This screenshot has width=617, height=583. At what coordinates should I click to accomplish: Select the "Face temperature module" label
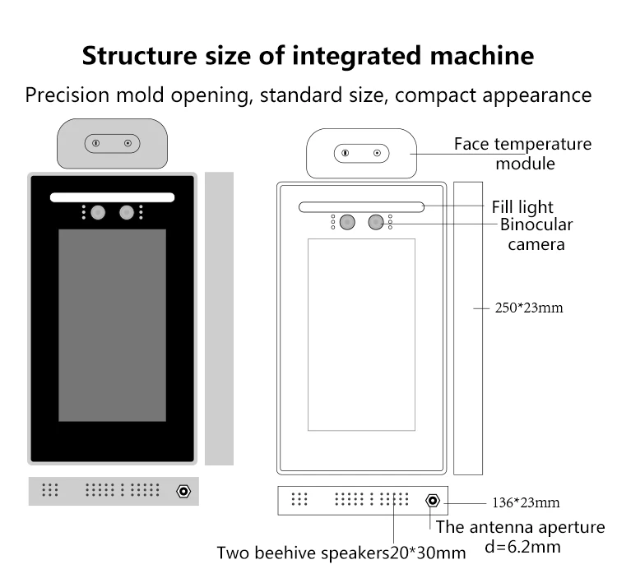point(522,154)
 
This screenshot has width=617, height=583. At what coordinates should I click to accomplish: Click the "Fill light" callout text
point(522,207)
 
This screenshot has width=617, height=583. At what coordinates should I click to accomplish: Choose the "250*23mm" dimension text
point(529,309)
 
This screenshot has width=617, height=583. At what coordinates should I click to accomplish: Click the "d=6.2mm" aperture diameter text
point(523,546)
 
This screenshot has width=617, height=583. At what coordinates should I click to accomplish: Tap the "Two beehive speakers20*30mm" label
point(341,553)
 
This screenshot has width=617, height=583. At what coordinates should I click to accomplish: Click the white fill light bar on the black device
point(113,197)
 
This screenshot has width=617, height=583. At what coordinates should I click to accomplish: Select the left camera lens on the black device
point(98,213)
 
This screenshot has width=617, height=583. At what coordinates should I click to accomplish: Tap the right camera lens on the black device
point(126,213)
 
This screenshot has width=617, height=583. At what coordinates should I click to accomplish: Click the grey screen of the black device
point(112,325)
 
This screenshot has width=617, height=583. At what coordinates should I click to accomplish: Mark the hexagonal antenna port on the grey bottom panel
point(183,491)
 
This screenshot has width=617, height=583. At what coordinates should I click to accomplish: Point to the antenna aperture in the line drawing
point(431,500)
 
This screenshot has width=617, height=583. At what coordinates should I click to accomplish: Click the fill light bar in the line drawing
point(361,207)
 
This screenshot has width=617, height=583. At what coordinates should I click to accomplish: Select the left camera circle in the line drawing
point(347,222)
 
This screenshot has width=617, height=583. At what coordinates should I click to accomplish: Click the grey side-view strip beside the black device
point(219,318)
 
